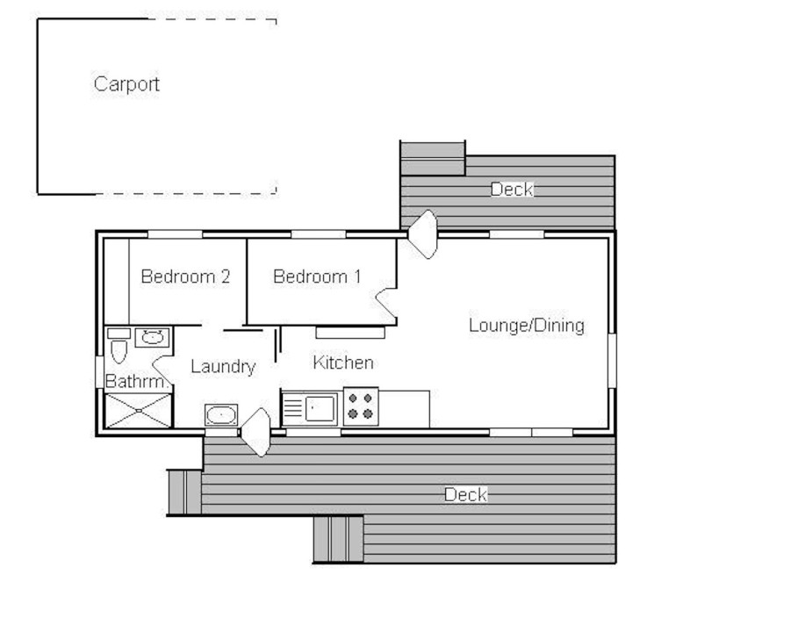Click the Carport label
point(126,84)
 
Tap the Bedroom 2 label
point(185,276)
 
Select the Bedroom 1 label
point(317,276)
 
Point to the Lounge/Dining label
point(526,326)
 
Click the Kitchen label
point(343,363)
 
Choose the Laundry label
point(223,367)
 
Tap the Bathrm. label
point(136,382)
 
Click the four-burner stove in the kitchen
point(360,406)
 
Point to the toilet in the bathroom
point(119,348)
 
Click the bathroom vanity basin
point(154,335)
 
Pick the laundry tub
point(221,414)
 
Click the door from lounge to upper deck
point(424,233)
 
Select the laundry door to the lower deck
point(256,432)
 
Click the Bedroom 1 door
point(387,303)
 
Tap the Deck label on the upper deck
point(511,189)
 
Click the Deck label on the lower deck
point(465,495)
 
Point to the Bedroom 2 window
point(175,234)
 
